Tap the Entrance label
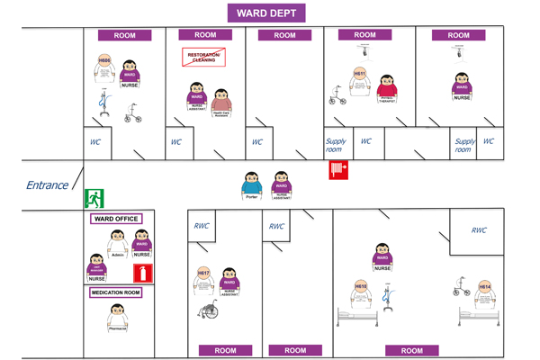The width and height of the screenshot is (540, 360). pyautogui.click(x=47, y=185)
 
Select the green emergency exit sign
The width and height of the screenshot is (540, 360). pyautogui.click(x=94, y=199)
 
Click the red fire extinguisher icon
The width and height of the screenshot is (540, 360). pyautogui.click(x=140, y=273)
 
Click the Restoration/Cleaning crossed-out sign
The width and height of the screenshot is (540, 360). pyautogui.click(x=203, y=58)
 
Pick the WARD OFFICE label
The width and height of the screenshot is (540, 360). pyautogui.click(x=114, y=219)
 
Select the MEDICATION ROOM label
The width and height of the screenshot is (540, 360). pyautogui.click(x=116, y=292)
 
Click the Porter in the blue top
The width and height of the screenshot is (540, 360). pyautogui.click(x=251, y=185)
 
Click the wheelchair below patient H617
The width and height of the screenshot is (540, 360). pyautogui.click(x=209, y=310)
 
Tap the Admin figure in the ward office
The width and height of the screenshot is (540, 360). pyautogui.click(x=117, y=245)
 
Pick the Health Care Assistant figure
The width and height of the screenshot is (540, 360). pyautogui.click(x=221, y=103)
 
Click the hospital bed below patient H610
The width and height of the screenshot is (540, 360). pyautogui.click(x=357, y=316)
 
